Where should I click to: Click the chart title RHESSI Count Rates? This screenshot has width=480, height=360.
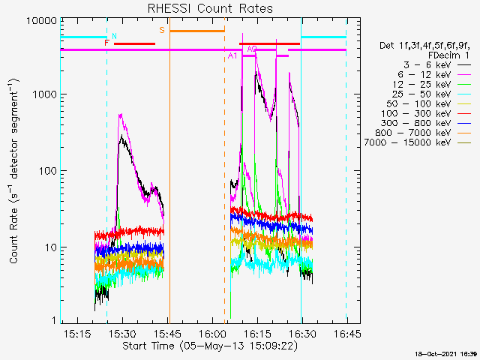point(210,8)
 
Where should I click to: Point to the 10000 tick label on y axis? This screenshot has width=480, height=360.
point(41,20)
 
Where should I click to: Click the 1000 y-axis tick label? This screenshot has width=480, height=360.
point(44,94)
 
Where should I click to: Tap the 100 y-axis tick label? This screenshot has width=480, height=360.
point(47,170)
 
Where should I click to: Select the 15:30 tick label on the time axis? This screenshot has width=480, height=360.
point(122,333)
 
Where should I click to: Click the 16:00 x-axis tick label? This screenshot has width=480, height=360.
point(212,333)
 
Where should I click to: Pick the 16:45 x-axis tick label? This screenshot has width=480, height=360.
point(347,333)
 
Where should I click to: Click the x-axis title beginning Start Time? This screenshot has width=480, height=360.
point(210,346)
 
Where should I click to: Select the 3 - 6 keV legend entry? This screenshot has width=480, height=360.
point(437,65)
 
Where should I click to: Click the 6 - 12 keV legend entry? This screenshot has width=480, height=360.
point(434,75)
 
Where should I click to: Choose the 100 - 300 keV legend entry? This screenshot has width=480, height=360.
point(426,113)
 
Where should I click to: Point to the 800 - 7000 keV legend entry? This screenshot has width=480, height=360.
point(423,133)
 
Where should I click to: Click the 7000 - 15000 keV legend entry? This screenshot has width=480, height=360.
point(418,142)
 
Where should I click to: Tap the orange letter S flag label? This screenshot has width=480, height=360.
point(162,30)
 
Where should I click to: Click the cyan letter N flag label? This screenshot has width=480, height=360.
point(114,36)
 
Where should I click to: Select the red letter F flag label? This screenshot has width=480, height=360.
point(106,43)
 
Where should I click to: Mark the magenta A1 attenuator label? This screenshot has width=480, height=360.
point(232,55)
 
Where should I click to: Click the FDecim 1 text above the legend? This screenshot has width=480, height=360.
point(448,55)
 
